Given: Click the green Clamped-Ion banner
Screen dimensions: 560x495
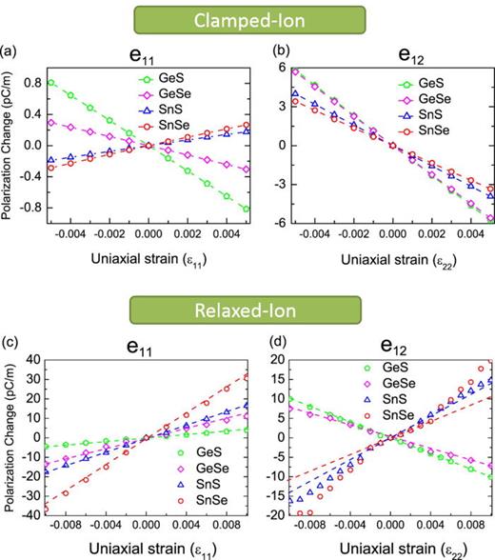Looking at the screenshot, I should click(247, 18).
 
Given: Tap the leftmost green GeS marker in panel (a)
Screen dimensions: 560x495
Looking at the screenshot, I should click(50, 82).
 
